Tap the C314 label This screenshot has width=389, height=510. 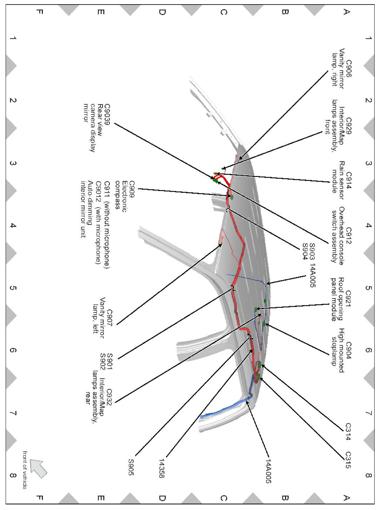348,432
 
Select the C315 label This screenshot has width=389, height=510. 348,460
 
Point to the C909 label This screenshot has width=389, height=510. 132,189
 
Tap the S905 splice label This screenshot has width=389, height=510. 131,467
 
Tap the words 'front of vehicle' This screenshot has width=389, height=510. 25,470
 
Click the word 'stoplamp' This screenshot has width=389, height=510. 334,351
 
